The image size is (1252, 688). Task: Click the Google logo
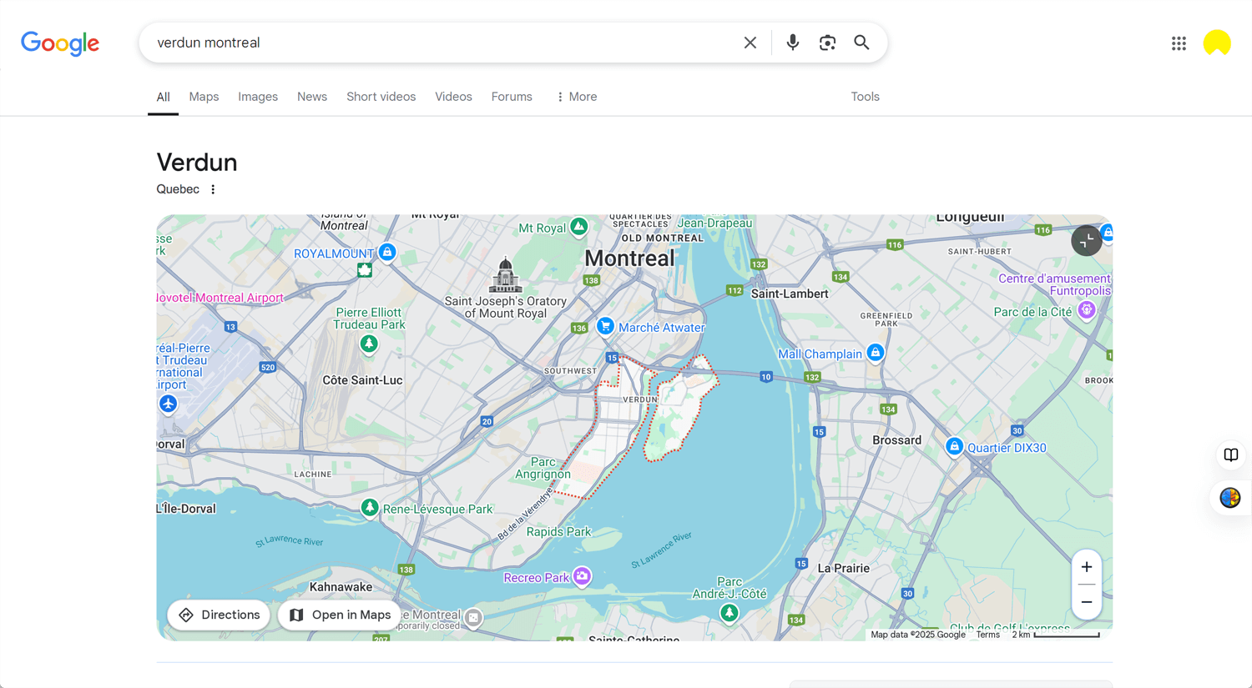pyautogui.click(x=60, y=43)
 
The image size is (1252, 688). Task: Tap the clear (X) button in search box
pyautogui.click(x=750, y=43)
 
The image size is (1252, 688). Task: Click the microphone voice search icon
pyautogui.click(x=792, y=43)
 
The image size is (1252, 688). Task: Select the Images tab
pyautogui.click(x=258, y=97)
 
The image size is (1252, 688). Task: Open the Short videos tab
pyautogui.click(x=381, y=97)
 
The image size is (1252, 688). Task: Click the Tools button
pyautogui.click(x=865, y=97)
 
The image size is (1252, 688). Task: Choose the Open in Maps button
pyautogui.click(x=340, y=615)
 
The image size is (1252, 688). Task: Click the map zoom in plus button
pyautogui.click(x=1086, y=568)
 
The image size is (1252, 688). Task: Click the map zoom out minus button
pyautogui.click(x=1086, y=602)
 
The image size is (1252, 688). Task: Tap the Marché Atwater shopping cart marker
pyautogui.click(x=606, y=326)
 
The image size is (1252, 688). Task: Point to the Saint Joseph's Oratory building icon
pyautogui.click(x=505, y=275)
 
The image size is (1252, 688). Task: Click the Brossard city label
pyautogui.click(x=896, y=440)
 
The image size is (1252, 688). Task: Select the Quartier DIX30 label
pyautogui.click(x=1006, y=448)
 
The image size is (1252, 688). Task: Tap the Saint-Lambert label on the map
pyautogui.click(x=790, y=294)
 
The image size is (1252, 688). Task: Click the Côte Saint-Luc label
pyautogui.click(x=362, y=380)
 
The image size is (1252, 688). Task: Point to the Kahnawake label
pyautogui.click(x=341, y=587)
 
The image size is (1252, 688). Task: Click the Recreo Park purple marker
pyautogui.click(x=582, y=576)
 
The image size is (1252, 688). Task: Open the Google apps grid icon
pyautogui.click(x=1179, y=43)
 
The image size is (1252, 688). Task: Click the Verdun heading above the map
pyautogui.click(x=197, y=162)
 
